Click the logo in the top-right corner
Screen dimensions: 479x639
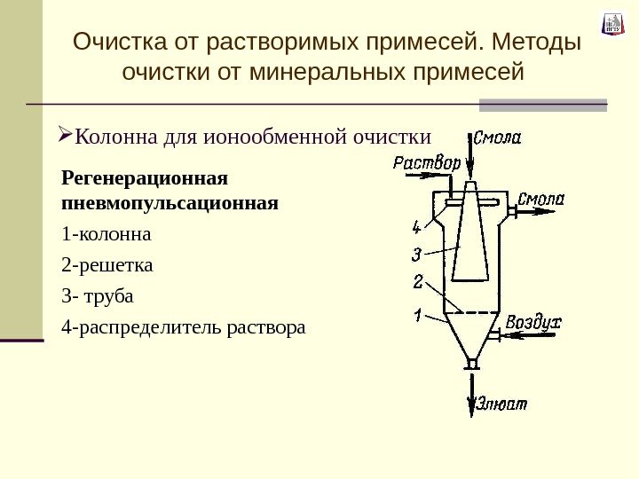point(612,23)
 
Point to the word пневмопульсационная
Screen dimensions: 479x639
point(170,203)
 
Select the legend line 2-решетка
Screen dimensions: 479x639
point(107,265)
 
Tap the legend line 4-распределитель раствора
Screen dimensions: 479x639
point(183,327)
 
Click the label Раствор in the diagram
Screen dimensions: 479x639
point(427,162)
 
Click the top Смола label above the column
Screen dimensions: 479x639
point(497,137)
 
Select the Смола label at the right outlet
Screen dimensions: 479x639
point(540,198)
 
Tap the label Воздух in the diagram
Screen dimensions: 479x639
point(533,322)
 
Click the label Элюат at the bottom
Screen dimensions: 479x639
point(503,404)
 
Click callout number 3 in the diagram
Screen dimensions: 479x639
point(416,255)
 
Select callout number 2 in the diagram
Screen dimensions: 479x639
point(417,284)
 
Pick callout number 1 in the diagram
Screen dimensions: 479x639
point(417,315)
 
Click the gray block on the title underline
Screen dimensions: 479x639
point(542,105)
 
